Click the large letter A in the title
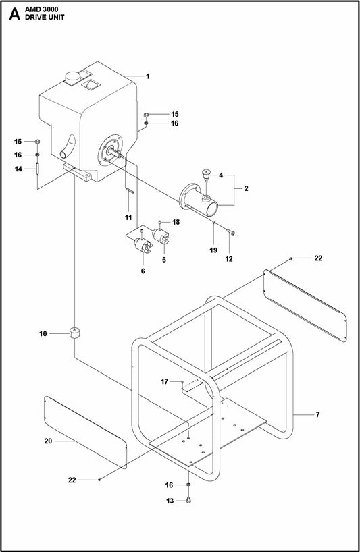(x=14, y=13)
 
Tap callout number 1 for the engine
(x=148, y=76)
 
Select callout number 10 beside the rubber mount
(x=43, y=334)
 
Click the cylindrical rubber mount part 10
(x=74, y=333)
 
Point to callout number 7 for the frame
(x=317, y=415)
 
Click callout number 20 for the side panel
(x=48, y=441)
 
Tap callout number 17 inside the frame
(x=165, y=382)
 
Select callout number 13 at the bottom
(x=170, y=501)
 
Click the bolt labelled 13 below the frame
(x=188, y=499)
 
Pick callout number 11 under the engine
(x=128, y=217)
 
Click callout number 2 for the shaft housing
(x=247, y=188)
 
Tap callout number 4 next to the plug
(x=221, y=175)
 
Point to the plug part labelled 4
(x=206, y=175)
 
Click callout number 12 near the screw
(x=229, y=259)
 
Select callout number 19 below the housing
(x=213, y=250)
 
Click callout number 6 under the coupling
(x=143, y=271)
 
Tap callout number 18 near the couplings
(x=176, y=222)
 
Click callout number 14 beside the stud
(x=18, y=169)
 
